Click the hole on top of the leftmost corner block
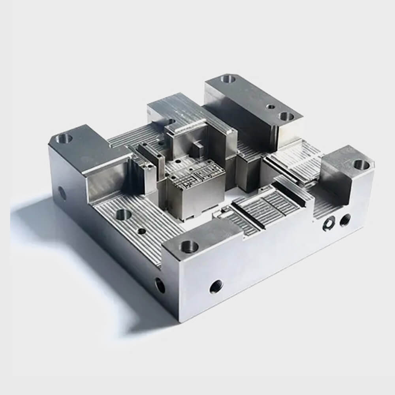[64, 138]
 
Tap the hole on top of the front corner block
[189, 247]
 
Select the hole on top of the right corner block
[359, 164]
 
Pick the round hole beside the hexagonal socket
[345, 218]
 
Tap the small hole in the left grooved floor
[141, 231]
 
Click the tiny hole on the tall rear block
[271, 106]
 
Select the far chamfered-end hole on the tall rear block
[228, 79]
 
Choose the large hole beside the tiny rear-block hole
[286, 116]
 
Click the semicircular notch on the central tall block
[171, 122]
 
